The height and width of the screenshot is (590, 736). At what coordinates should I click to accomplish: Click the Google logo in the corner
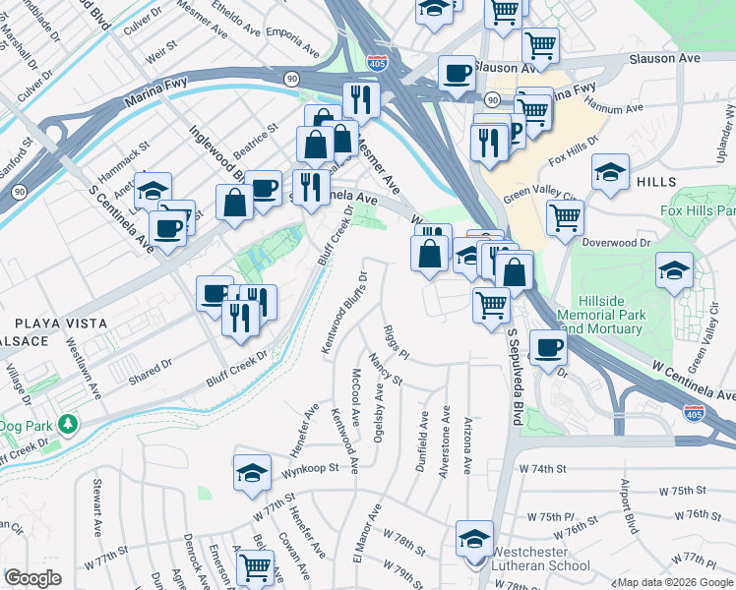pyautogui.click(x=33, y=578)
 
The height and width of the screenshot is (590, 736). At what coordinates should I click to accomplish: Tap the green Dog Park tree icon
pyautogui.click(x=68, y=425)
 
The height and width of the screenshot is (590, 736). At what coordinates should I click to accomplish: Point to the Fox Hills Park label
pyautogui.click(x=697, y=211)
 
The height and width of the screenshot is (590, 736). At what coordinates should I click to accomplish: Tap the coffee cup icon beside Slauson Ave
pyautogui.click(x=457, y=74)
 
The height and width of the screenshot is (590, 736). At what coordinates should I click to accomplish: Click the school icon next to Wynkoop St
pyautogui.click(x=253, y=474)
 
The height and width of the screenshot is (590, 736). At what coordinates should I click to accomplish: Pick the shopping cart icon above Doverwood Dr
pyautogui.click(x=565, y=217)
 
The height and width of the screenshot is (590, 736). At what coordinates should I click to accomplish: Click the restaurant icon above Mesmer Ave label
pyautogui.click(x=361, y=99)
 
